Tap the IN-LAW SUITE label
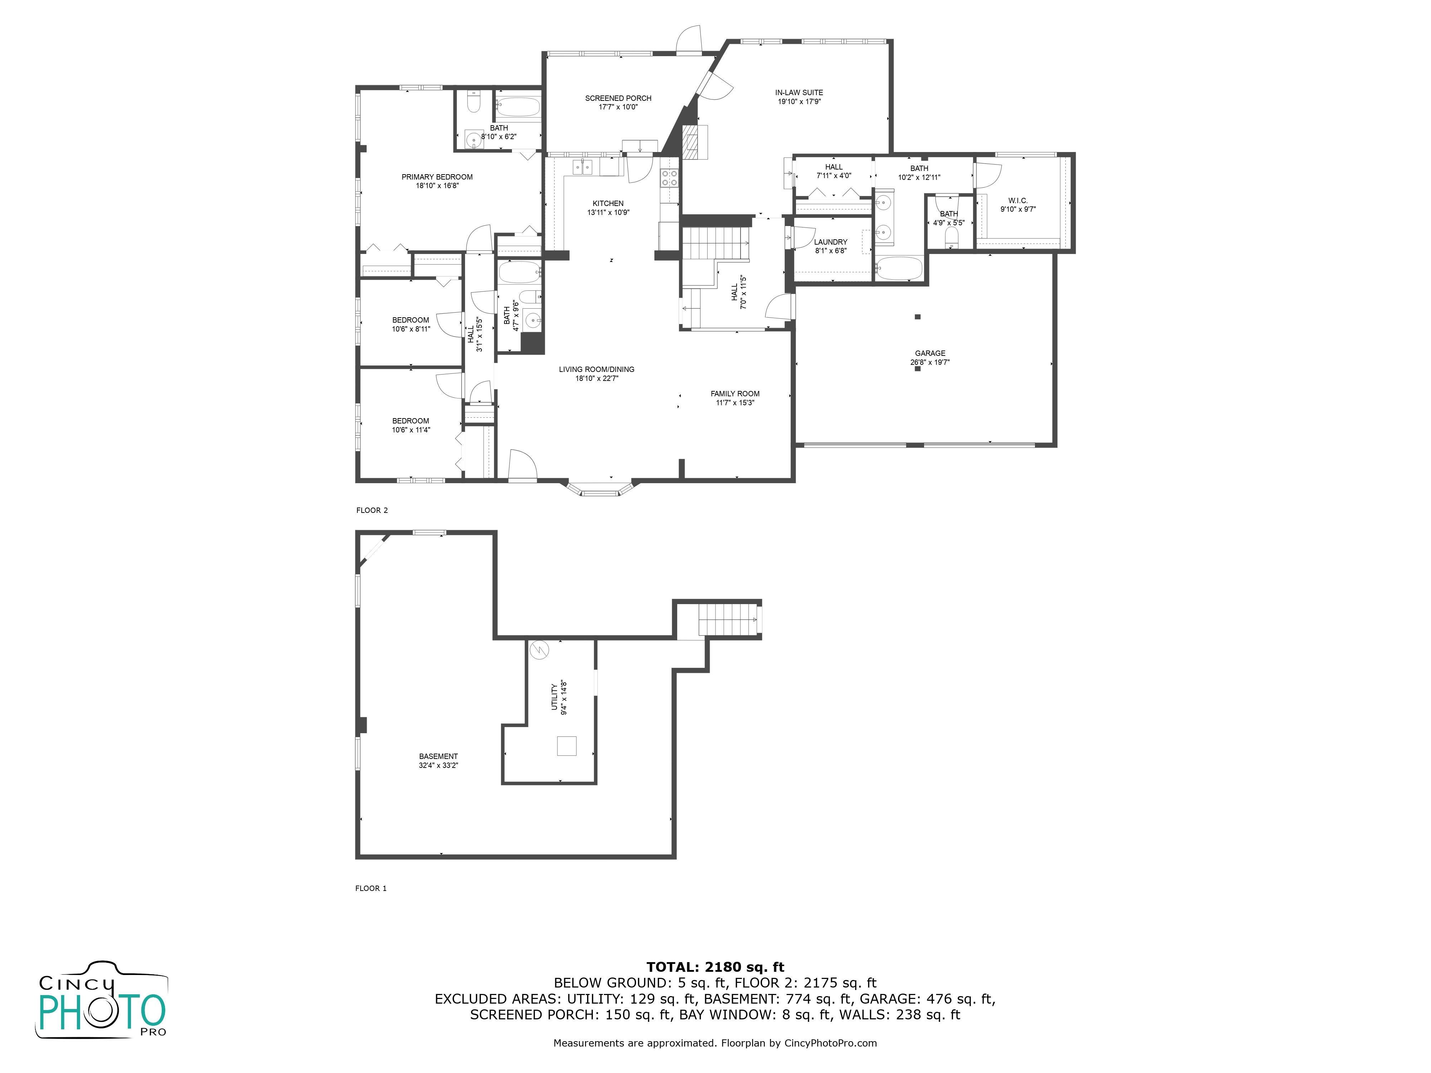[x=799, y=93]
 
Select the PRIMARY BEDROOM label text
[x=437, y=177]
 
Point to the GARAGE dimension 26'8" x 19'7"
[x=930, y=362]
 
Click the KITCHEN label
[x=608, y=203]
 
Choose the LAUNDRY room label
[x=831, y=242]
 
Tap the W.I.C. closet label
[x=1017, y=201]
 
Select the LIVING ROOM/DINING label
[x=596, y=369]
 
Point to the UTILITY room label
[x=554, y=697]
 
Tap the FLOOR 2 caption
[x=372, y=510]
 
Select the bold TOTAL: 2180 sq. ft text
[x=715, y=967]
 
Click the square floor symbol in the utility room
[x=567, y=746]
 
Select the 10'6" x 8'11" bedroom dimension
[x=411, y=329]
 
